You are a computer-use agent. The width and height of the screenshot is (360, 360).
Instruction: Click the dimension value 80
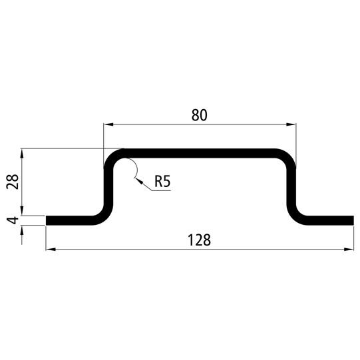pos(199,114)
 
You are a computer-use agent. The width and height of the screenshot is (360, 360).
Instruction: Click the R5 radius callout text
pos(163,181)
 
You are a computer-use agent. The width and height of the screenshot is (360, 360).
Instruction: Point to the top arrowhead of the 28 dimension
pos(23,152)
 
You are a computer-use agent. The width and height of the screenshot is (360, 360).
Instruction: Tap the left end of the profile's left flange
pos(47,220)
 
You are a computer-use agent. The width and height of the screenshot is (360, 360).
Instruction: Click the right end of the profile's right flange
pos(351,220)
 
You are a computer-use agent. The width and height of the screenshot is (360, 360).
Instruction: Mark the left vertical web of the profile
pos(106,186)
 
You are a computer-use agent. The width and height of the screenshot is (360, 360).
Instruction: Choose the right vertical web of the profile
pos(292,186)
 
